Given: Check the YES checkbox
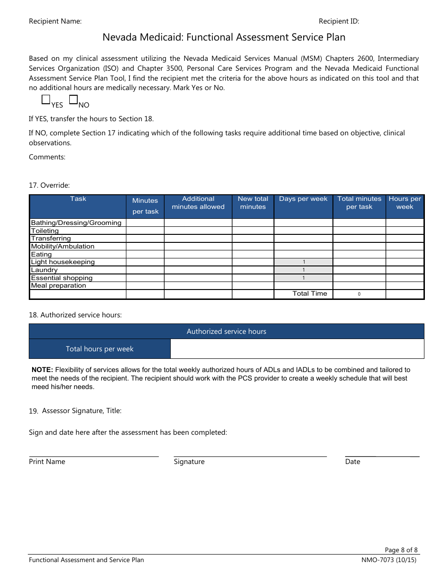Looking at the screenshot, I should pyautogui.click(x=46, y=99).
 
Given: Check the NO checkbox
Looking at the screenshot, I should pyautogui.click(x=74, y=99).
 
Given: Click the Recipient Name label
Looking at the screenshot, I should pyautogui.click(x=55, y=21).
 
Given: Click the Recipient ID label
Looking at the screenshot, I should pyautogui.click(x=339, y=21).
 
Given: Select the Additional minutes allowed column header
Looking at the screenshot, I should pyautogui.click(x=198, y=203).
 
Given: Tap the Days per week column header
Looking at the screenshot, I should pyautogui.click(x=303, y=199).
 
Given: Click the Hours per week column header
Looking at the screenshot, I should pyautogui.click(x=405, y=203).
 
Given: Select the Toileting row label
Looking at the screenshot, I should pyautogui.click(x=45, y=231).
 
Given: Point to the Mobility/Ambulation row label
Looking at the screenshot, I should pyautogui.click(x=63, y=247).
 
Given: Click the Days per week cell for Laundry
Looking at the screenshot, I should pyautogui.click(x=303, y=270).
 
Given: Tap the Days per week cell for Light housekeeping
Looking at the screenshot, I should pyautogui.click(x=303, y=262).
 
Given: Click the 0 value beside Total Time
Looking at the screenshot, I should pyautogui.click(x=359, y=294).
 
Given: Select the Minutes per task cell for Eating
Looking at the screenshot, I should pyautogui.click(x=145, y=255).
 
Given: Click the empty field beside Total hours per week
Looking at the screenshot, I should pyautogui.click(x=297, y=349).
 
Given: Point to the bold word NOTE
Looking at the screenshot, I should pyautogui.click(x=42, y=370).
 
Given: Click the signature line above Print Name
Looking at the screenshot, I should pyautogui.click(x=94, y=456).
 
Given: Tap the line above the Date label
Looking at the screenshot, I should pyautogui.click(x=382, y=456).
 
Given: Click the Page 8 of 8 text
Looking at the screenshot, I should pyautogui.click(x=401, y=550).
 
